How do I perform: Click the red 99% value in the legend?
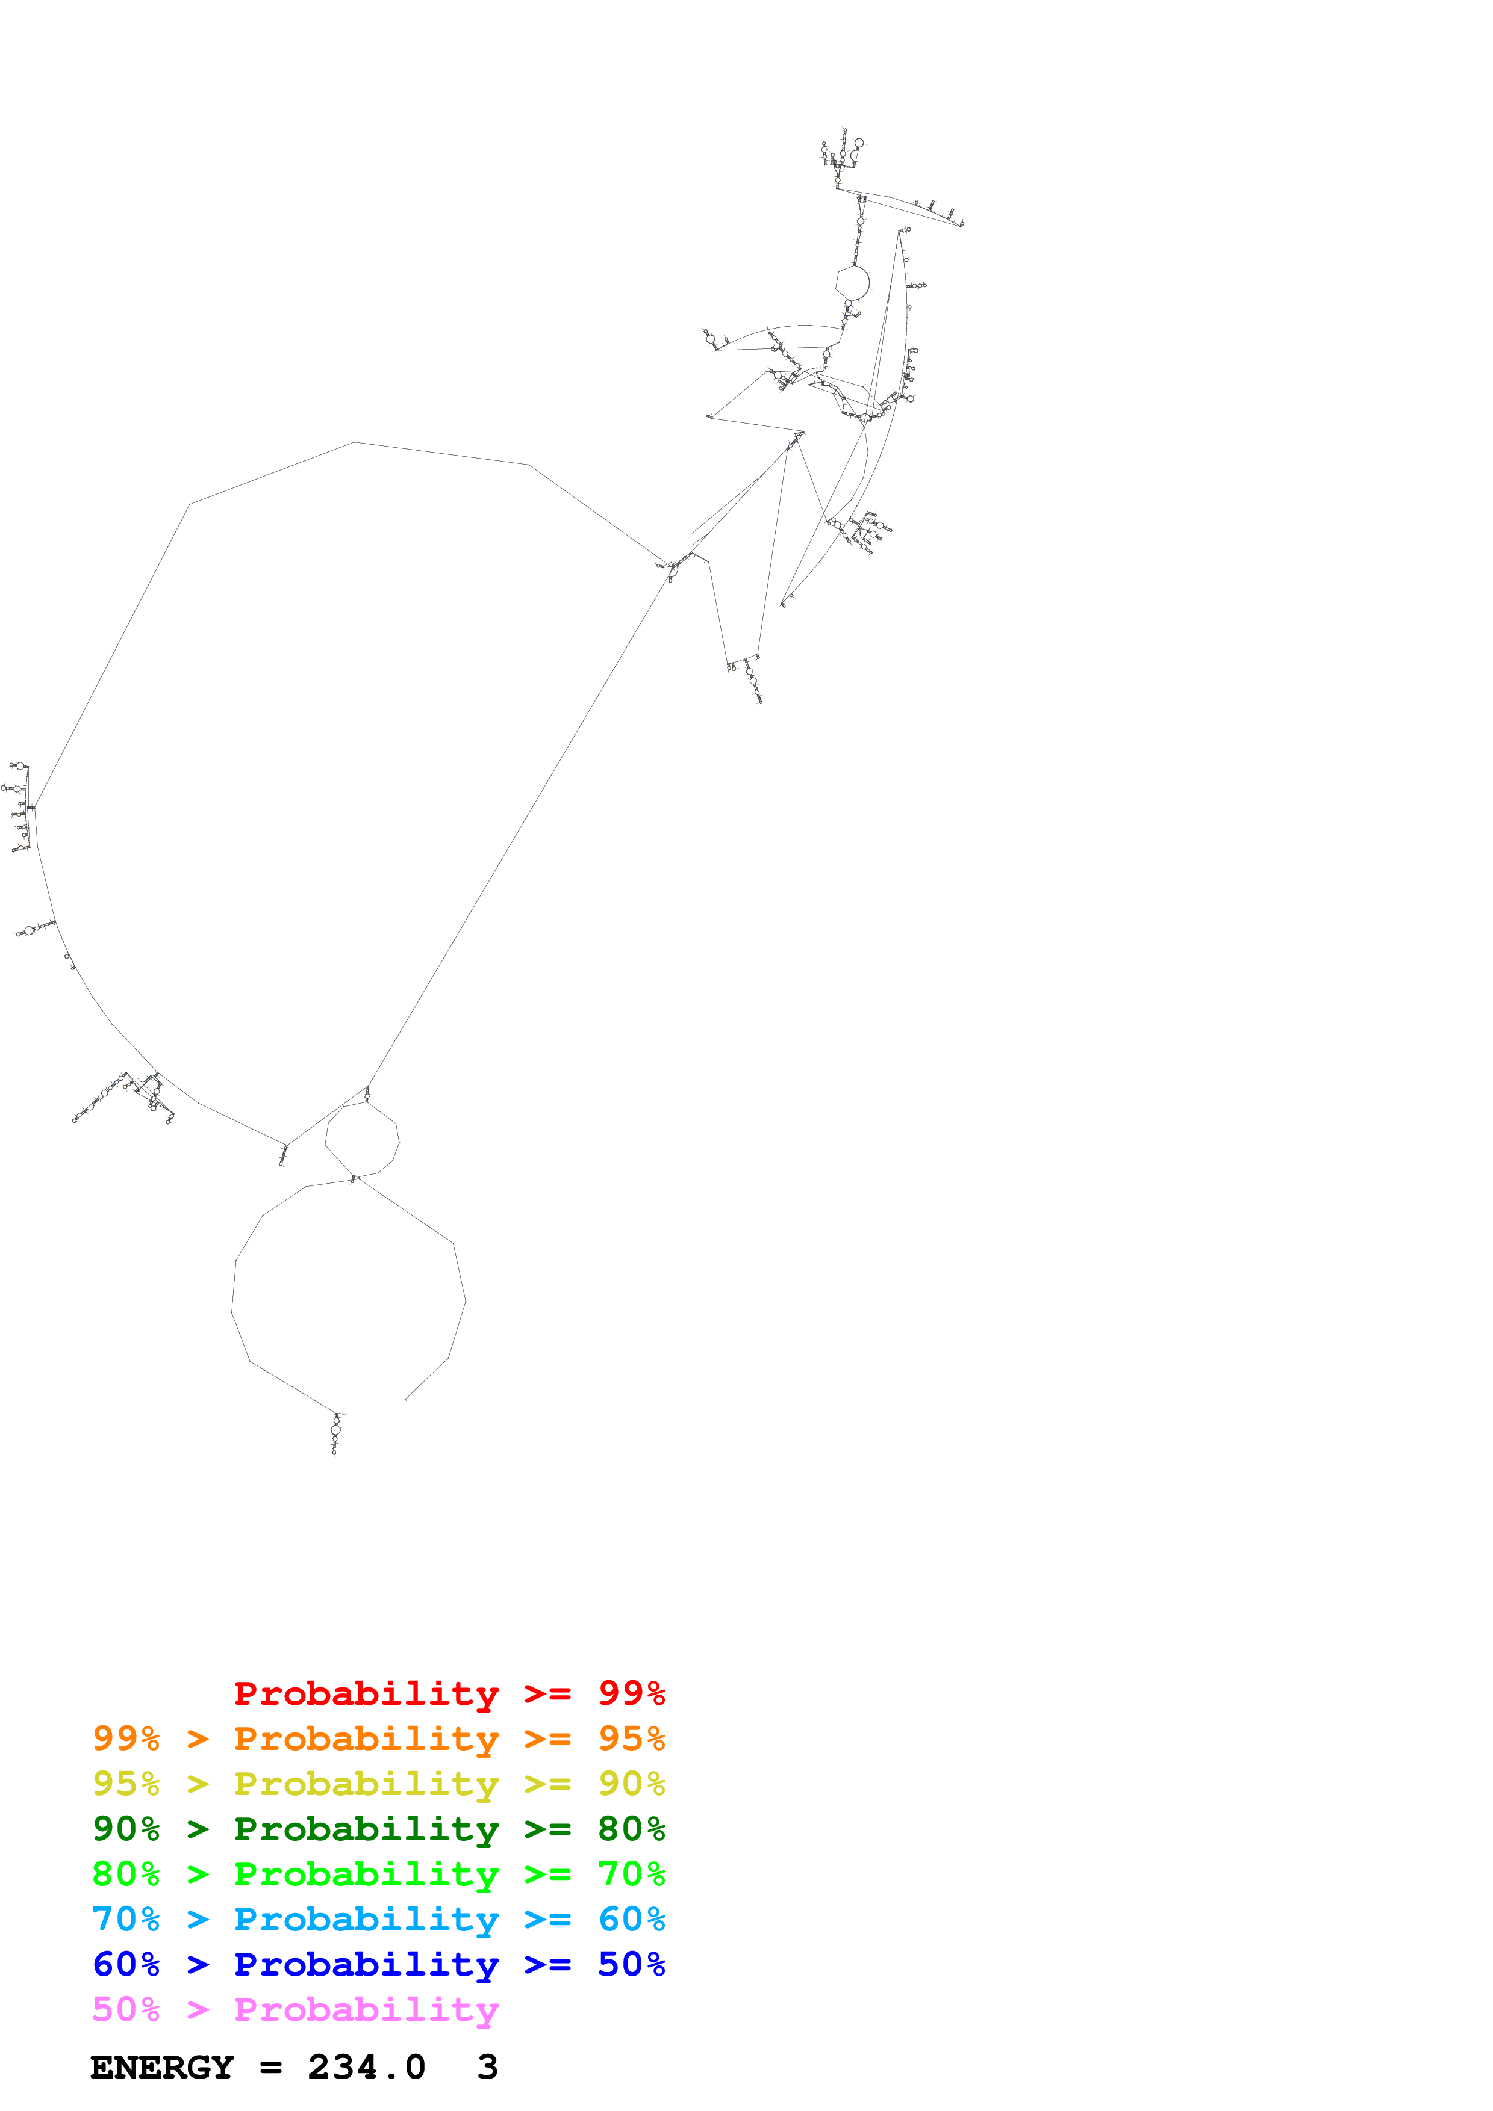pyautogui.click(x=631, y=1693)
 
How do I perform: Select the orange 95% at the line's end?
pyautogui.click(x=631, y=1739)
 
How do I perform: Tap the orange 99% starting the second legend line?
pyautogui.click(x=126, y=1739)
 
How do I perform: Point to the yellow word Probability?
pyautogui.click(x=366, y=1784)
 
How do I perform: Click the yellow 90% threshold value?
pyautogui.click(x=631, y=1784)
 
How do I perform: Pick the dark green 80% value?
pyautogui.click(x=631, y=1829)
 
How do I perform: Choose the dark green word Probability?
pyautogui.click(x=366, y=1829)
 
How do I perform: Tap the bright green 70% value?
pyautogui.click(x=631, y=1874)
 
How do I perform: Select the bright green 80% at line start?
pyautogui.click(x=126, y=1874)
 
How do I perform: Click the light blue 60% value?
pyautogui.click(x=631, y=1919)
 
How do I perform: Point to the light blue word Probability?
pyautogui.click(x=366, y=1919)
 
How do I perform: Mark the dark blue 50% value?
pyautogui.click(x=631, y=1964)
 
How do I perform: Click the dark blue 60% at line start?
pyautogui.click(x=126, y=1964)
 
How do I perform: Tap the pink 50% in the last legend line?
pyautogui.click(x=126, y=2009)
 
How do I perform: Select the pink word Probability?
pyautogui.click(x=366, y=2009)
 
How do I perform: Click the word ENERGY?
pyautogui.click(x=162, y=2068)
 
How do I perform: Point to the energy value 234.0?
pyautogui.click(x=366, y=2068)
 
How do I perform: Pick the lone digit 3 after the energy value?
pyautogui.click(x=488, y=2068)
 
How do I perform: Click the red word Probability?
pyautogui.click(x=366, y=1693)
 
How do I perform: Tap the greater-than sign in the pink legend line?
pyautogui.click(x=198, y=2009)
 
